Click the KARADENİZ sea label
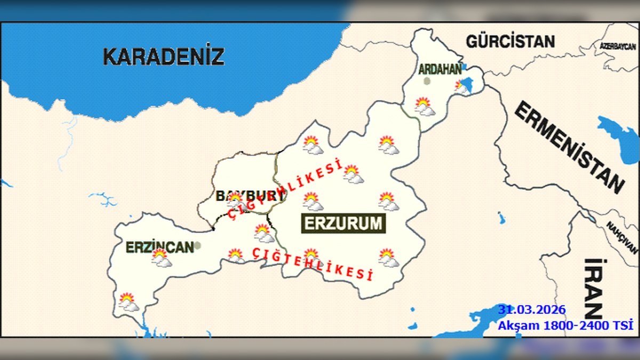pyautogui.click(x=163, y=56)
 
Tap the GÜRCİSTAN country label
pyautogui.click(x=510, y=41)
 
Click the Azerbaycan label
pyautogui.click(x=618, y=46)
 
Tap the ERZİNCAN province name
pyautogui.click(x=159, y=247)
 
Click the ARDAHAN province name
pyautogui.click(x=439, y=69)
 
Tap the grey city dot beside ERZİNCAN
pyautogui.click(x=198, y=245)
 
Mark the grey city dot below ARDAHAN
pyautogui.click(x=427, y=81)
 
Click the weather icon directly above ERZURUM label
pyautogui.click(x=313, y=201)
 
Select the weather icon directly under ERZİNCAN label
pyautogui.click(x=161, y=258)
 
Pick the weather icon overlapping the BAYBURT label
pyautogui.click(x=235, y=200)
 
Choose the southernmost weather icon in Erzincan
pyautogui.click(x=128, y=301)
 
